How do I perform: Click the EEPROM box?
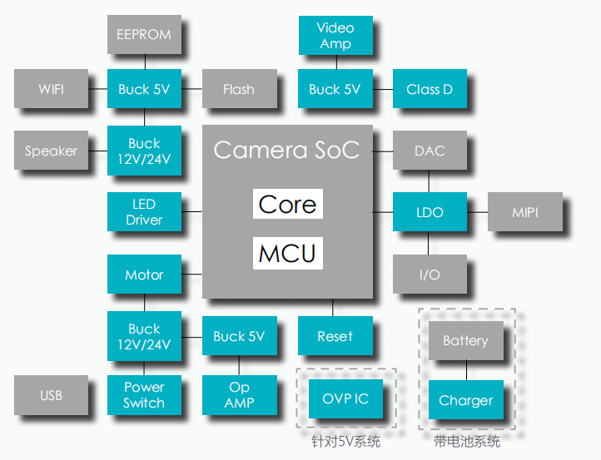coord(144,35)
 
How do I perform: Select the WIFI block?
coord(51,89)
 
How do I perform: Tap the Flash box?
coord(239,89)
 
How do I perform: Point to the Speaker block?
coord(51,151)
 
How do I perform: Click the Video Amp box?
coord(335,36)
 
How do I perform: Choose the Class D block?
coord(430,89)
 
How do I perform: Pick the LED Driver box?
coord(144,212)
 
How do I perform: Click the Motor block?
coord(144,275)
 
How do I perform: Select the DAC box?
coord(430,151)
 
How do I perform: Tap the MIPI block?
coord(524,212)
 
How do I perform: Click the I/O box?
coord(430,275)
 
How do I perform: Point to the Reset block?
coord(335,336)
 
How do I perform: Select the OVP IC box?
coord(345,399)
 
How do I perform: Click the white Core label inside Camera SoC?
coord(287,205)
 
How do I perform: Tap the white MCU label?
coord(287,253)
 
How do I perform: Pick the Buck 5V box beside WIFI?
coord(144,89)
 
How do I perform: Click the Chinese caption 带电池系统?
coord(467,442)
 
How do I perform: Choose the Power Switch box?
coord(144,395)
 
